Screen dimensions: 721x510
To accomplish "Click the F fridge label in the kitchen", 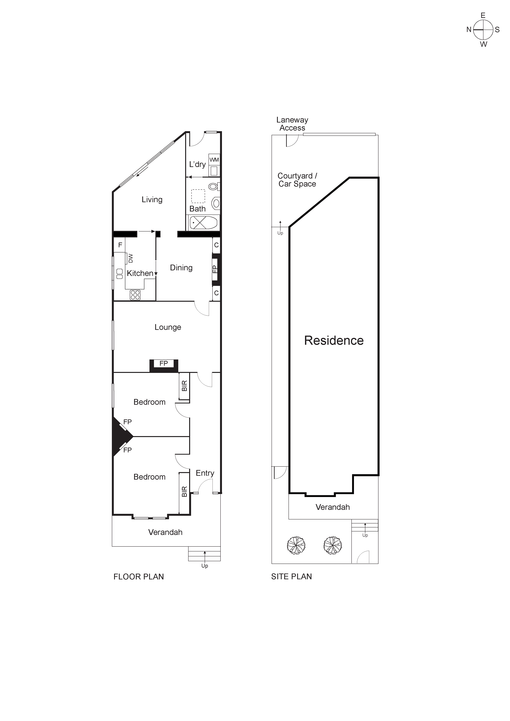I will tap(120, 245).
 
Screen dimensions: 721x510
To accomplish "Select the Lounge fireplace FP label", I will tap(164, 363).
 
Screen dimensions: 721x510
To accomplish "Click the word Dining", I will tap(181, 267).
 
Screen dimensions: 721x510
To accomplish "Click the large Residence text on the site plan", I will tap(334, 340).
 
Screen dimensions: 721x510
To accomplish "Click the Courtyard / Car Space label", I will tap(297, 180).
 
